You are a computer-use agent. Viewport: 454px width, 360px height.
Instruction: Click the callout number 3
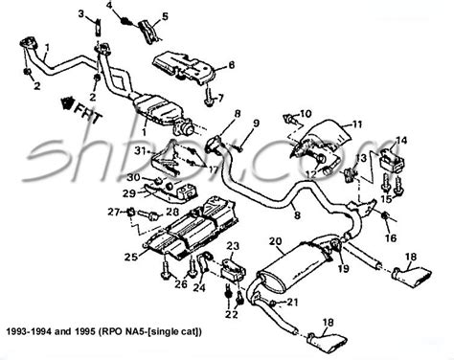coord(83,12)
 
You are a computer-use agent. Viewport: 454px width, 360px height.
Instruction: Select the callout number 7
coord(218,98)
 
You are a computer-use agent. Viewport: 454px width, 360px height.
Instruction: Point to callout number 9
coord(256,123)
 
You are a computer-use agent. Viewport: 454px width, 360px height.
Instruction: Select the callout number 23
coord(232,246)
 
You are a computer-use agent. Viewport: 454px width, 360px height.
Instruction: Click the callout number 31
coord(141,150)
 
